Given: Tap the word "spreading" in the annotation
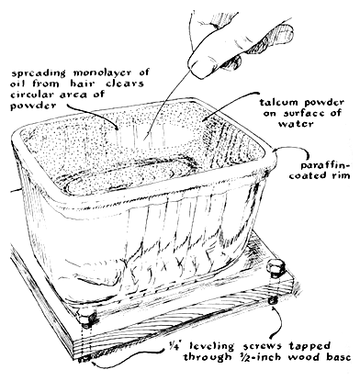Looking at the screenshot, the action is (39, 73).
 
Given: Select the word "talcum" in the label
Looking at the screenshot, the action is (276, 102).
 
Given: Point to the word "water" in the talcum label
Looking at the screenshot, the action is (296, 124).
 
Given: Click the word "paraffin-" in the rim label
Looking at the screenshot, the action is (325, 166).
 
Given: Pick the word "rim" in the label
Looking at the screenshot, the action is (341, 175).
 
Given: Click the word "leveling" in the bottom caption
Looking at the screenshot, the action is (212, 346).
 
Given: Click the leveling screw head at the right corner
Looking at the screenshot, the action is (276, 268).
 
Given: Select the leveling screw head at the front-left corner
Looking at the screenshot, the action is (86, 319).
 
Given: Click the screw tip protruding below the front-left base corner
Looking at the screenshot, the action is (82, 360).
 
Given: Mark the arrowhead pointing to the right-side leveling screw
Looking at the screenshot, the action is (273, 308).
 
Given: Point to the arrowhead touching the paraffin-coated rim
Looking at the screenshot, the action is (277, 150).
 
